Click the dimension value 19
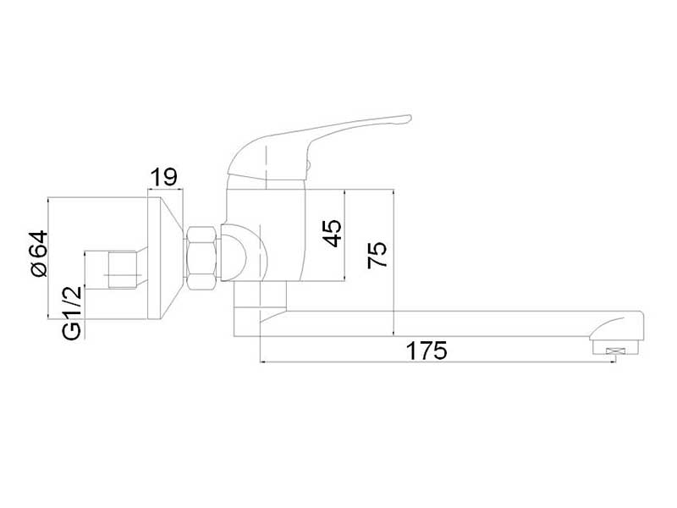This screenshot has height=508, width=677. (163, 177)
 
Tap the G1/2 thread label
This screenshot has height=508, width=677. (72, 312)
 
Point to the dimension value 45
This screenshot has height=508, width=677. (333, 233)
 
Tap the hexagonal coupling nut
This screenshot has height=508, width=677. (203, 257)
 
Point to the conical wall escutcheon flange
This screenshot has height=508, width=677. (164, 258)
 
